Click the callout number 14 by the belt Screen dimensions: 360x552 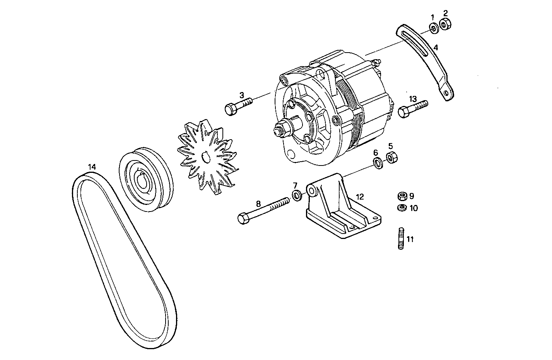pyautogui.click(x=92, y=167)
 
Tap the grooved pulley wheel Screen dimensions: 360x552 pyautogui.click(x=145, y=179)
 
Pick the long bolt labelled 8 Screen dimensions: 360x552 pyautogui.click(x=263, y=210)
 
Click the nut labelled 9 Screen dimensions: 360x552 pyautogui.click(x=402, y=196)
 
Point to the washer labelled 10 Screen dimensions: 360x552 pyautogui.click(x=402, y=208)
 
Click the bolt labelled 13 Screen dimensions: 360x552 pyautogui.click(x=412, y=108)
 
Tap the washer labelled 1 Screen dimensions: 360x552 pyautogui.click(x=434, y=28)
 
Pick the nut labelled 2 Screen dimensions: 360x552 pyautogui.click(x=446, y=24)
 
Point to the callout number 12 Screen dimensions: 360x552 pyautogui.click(x=360, y=196)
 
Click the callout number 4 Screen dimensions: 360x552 pyautogui.click(x=436, y=48)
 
